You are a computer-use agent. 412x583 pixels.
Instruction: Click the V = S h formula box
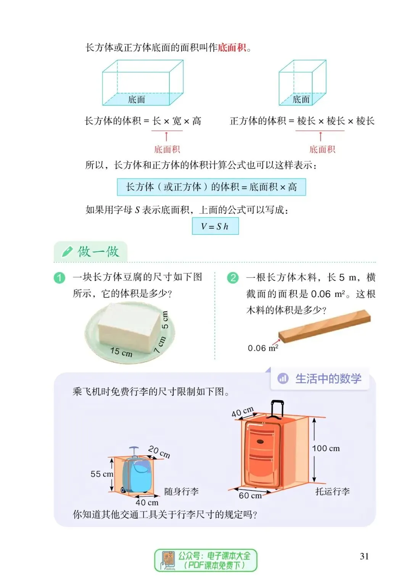(x=215, y=226)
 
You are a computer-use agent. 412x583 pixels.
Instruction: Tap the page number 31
(x=364, y=556)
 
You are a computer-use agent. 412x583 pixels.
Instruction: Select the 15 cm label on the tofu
(x=121, y=351)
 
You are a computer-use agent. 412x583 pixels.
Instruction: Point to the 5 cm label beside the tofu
(x=165, y=320)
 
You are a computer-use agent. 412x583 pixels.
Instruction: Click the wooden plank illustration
(x=324, y=326)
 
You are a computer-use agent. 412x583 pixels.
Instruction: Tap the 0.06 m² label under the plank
(x=263, y=348)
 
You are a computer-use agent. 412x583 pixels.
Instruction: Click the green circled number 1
(x=59, y=278)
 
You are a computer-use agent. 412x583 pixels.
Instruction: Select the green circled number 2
(x=233, y=278)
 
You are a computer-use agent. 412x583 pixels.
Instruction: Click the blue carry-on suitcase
(x=136, y=471)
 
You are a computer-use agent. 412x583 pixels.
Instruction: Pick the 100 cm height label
(x=326, y=448)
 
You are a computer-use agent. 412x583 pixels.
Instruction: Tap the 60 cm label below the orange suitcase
(x=250, y=495)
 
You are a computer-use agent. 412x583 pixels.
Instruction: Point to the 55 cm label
(x=101, y=474)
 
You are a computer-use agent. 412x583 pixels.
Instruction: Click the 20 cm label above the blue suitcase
(x=159, y=452)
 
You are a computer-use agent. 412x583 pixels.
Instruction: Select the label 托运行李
(x=332, y=491)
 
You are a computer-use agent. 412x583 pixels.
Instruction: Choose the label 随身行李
(x=181, y=491)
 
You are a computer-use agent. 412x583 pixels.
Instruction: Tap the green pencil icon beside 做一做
(x=67, y=251)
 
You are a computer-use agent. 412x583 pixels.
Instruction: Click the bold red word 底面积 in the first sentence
(x=232, y=48)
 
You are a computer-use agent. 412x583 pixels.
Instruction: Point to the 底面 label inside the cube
(x=301, y=99)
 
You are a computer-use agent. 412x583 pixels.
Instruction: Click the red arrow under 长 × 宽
(x=166, y=137)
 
